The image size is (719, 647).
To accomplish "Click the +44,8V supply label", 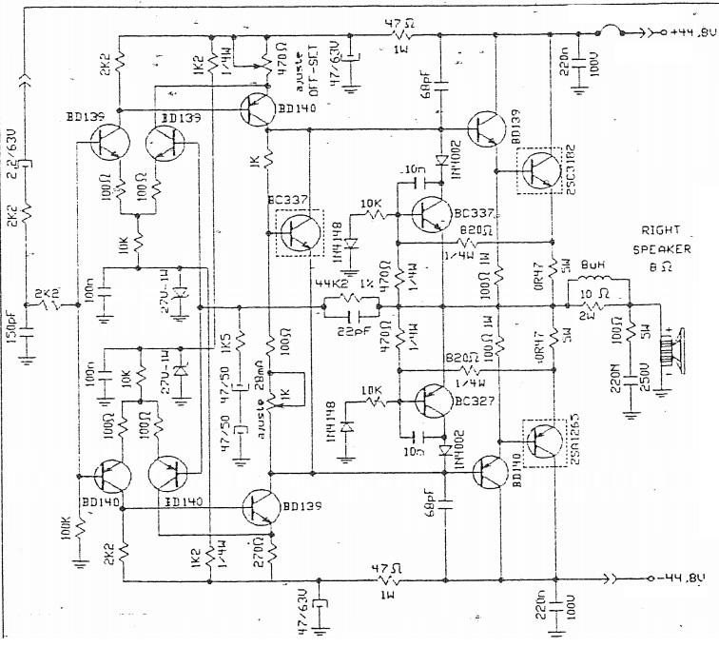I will pos(687,32).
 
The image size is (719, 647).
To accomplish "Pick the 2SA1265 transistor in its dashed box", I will pos(545,442).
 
